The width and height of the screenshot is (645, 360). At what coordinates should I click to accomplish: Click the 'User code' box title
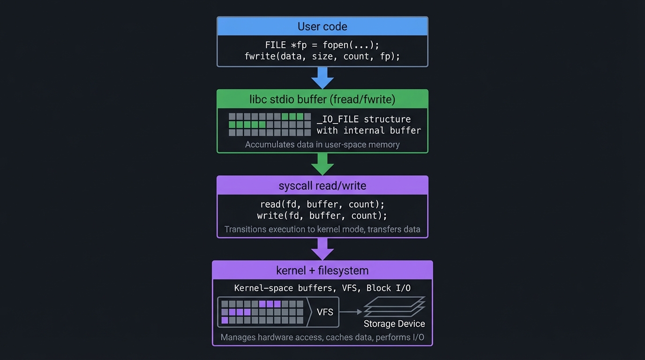click(322, 26)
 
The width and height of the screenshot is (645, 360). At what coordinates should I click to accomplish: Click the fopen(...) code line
click(322, 45)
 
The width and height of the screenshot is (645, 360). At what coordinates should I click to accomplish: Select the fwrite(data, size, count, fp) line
click(322, 56)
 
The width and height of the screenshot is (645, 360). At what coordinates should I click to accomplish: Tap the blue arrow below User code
click(322, 77)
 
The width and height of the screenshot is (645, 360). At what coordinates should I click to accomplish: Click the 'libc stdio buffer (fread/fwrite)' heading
click(322, 99)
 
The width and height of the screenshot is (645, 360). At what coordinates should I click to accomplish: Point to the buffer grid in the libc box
click(270, 124)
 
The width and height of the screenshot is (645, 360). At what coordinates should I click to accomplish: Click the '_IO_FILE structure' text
click(364, 119)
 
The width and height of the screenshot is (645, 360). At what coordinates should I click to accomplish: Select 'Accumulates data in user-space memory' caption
click(322, 144)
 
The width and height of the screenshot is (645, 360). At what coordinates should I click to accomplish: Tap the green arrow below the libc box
click(322, 164)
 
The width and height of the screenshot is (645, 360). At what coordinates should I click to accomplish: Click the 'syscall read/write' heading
click(322, 186)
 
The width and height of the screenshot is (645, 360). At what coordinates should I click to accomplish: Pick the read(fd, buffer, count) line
click(322, 204)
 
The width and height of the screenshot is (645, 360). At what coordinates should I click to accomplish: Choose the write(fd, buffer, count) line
click(322, 216)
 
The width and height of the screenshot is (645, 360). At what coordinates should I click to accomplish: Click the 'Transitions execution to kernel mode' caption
click(322, 229)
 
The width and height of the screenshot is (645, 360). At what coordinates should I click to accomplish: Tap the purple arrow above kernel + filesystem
click(322, 249)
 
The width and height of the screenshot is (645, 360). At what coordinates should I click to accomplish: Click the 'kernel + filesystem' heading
click(322, 270)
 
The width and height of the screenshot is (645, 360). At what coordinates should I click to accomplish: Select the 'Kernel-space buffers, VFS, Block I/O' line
click(322, 288)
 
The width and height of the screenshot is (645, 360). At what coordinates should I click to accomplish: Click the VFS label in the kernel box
click(325, 312)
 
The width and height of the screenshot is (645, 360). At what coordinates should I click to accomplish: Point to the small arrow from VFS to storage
click(351, 312)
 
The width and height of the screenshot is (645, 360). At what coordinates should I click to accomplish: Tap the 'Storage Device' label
click(394, 324)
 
